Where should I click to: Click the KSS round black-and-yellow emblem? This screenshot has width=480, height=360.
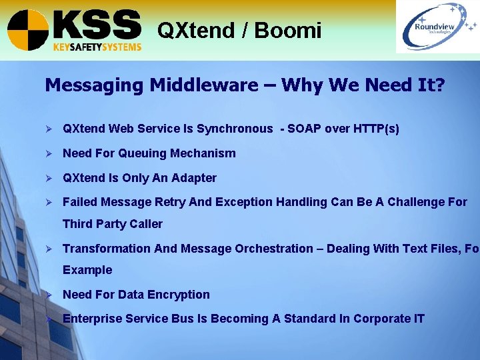[28, 30]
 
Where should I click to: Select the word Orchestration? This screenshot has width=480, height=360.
[273, 249]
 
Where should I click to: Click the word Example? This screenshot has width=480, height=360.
[87, 270]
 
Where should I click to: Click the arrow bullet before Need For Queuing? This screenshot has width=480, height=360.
[49, 153]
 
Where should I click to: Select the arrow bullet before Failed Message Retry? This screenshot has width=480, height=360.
[49, 202]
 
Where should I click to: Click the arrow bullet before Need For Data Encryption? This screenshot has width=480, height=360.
[49, 295]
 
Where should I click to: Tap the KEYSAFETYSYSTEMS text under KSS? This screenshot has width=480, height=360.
[97, 47]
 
